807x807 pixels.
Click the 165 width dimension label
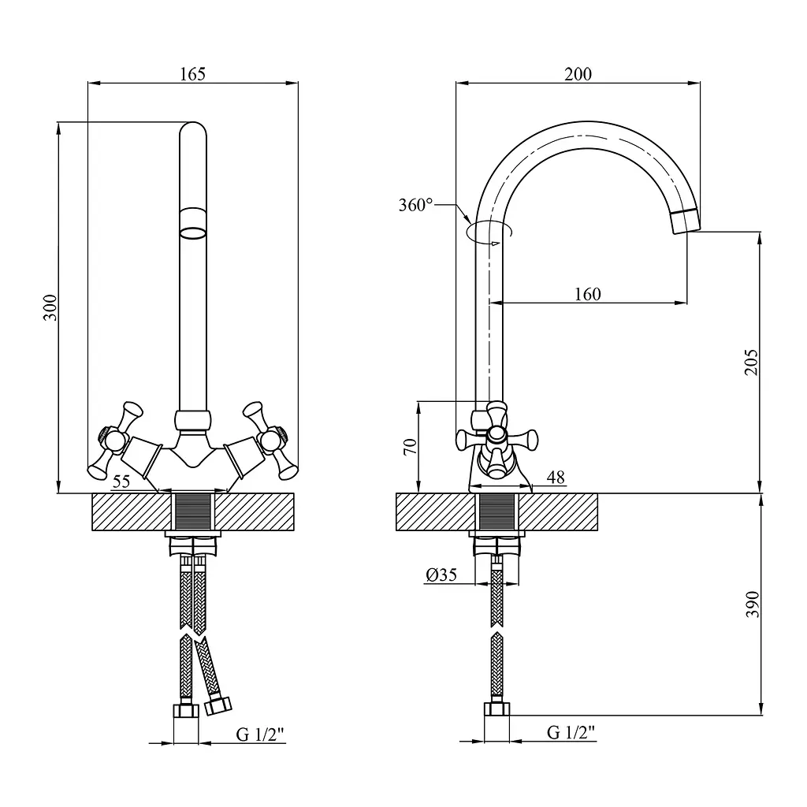click(x=192, y=74)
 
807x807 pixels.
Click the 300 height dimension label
click(x=50, y=308)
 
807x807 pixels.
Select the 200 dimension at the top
click(x=578, y=74)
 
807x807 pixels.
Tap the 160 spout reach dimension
click(x=587, y=295)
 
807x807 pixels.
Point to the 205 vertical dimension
click(x=751, y=363)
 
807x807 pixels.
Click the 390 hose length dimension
click(x=752, y=604)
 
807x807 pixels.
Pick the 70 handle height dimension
click(x=410, y=447)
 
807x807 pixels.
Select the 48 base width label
click(x=556, y=477)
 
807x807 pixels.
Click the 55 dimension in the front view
click(x=121, y=482)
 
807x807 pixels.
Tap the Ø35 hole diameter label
click(x=441, y=575)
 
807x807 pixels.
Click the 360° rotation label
click(x=416, y=205)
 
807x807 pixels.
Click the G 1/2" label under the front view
click(x=260, y=734)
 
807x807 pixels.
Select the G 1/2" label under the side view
click(x=571, y=732)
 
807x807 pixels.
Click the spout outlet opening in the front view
click(x=193, y=233)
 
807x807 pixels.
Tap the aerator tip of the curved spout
click(x=686, y=221)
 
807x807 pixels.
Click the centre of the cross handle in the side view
click(x=496, y=434)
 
